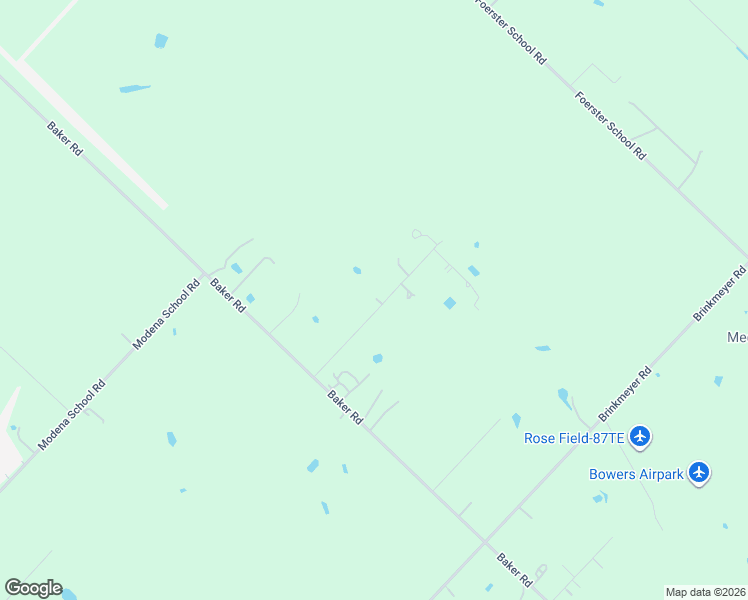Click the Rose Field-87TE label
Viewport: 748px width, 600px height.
(574, 437)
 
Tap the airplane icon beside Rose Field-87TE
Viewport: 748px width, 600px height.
(641, 436)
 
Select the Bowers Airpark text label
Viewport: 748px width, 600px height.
(636, 474)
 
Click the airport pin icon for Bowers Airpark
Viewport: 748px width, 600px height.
(699, 472)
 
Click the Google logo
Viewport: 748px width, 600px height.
(33, 588)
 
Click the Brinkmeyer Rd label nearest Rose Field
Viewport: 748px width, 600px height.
(626, 396)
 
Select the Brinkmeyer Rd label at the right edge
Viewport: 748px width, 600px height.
(721, 293)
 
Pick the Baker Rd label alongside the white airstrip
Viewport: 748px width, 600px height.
(65, 138)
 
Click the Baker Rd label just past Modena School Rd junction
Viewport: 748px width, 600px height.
(228, 295)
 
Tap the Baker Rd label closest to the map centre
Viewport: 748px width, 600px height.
(345, 408)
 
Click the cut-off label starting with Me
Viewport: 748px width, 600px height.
(737, 338)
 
